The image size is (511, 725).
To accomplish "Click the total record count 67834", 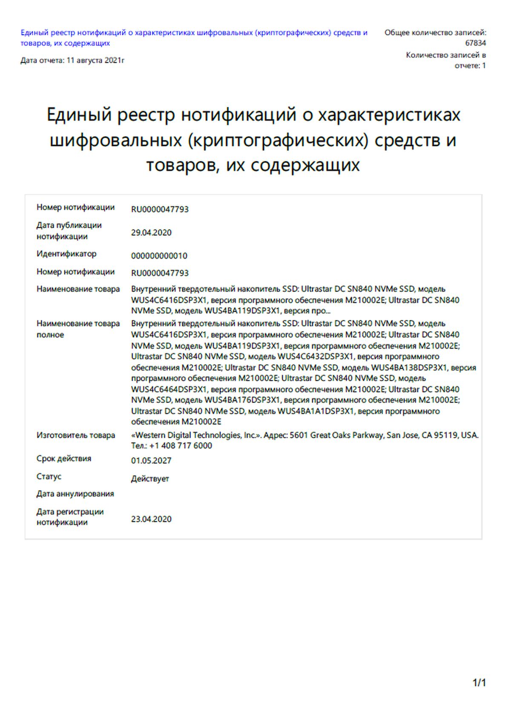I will (475, 43).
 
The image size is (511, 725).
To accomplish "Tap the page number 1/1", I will (479, 683).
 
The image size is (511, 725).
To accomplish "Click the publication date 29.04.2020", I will (151, 233).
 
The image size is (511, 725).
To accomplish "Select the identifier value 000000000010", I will (159, 256).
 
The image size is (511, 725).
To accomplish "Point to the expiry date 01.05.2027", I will (151, 460).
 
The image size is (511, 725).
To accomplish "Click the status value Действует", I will (150, 479).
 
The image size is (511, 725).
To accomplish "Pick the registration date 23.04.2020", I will (151, 519).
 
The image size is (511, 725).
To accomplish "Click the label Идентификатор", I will (66, 254).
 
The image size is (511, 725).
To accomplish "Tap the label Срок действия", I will (64, 459).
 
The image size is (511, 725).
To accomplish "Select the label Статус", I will (49, 477).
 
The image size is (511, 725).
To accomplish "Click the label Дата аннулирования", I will (75, 494).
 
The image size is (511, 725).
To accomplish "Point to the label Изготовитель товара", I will (76, 435).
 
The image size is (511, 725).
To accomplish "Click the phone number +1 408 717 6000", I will (181, 445).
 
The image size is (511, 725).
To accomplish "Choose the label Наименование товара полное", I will (78, 329).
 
